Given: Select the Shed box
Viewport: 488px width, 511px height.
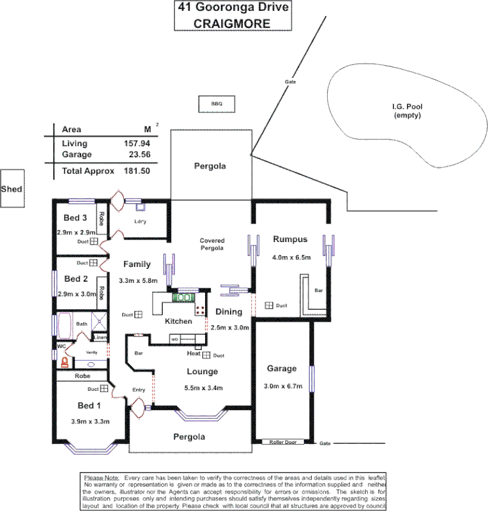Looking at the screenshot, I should (x=11, y=189).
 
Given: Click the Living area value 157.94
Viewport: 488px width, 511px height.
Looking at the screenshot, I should (x=136, y=144).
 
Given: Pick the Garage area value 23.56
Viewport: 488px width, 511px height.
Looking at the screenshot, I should (x=136, y=155).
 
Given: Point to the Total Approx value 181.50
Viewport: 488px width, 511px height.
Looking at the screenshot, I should (x=136, y=171).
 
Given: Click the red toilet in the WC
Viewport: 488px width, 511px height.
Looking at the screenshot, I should (x=64, y=362).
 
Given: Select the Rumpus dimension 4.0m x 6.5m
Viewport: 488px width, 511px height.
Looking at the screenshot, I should (x=291, y=257).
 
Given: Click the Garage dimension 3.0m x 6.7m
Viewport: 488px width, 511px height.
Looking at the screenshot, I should (x=282, y=386).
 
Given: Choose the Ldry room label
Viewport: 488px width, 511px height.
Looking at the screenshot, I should (x=141, y=222).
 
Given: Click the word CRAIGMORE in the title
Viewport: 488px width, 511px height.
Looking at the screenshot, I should (x=231, y=23).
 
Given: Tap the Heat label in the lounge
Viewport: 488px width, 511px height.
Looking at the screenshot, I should (x=194, y=354).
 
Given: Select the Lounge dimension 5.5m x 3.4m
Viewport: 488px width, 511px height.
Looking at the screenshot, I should (x=202, y=387).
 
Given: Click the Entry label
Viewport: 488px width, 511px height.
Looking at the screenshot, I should (x=139, y=390).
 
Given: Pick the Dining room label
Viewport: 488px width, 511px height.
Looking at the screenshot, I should (x=228, y=312).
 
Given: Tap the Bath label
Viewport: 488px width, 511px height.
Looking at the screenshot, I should (x=82, y=324).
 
